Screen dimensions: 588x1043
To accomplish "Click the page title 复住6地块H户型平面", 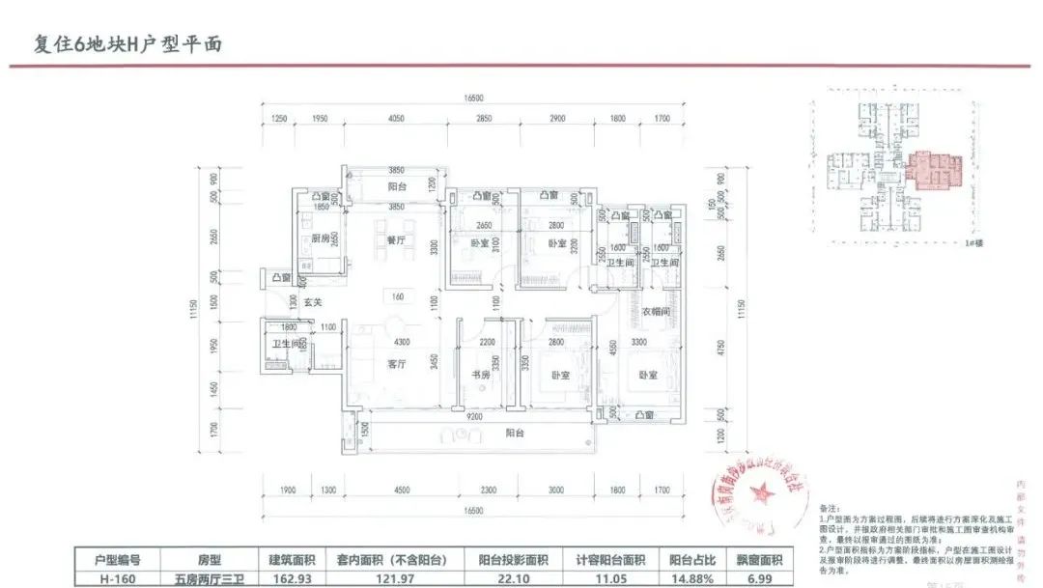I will coord(116,44).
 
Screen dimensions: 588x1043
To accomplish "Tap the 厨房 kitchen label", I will coord(322,239).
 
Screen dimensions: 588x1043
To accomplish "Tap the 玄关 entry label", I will coord(312,302).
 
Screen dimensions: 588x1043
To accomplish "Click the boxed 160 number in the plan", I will coord(396,296).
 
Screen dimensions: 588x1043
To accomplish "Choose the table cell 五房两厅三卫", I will coord(210,579).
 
